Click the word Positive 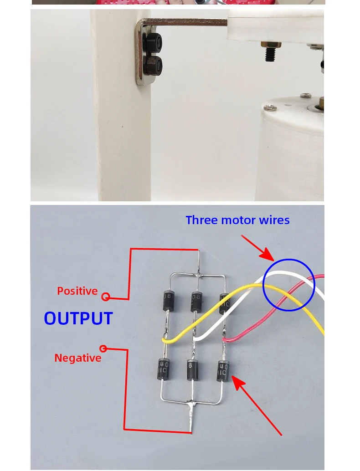click(x=77, y=291)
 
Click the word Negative click(x=77, y=358)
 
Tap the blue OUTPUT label click(x=78, y=318)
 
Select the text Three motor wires click(x=237, y=220)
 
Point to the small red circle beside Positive click(x=106, y=297)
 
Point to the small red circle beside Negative click(x=103, y=349)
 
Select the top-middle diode click(x=196, y=301)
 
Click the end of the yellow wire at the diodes click(x=165, y=339)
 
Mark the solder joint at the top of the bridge click(x=198, y=275)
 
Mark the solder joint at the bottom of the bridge click(x=191, y=404)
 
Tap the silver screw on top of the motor click(x=270, y=107)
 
